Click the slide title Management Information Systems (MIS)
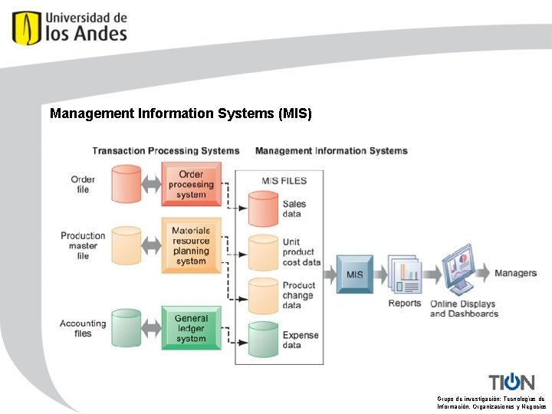[181, 113]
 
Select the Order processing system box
[191, 184]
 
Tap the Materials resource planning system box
[191, 245]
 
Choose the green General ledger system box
[191, 328]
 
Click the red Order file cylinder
[126, 184]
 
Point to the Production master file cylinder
[126, 245]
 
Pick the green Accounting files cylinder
[126, 328]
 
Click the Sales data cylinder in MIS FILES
[263, 209]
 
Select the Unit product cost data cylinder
[263, 251]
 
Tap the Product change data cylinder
[263, 294]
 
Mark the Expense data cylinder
[263, 340]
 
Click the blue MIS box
[355, 274]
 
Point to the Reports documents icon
[405, 274]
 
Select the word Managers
[515, 273]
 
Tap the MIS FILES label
[284, 181]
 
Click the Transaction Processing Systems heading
[166, 151]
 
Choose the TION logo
[511, 382]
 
